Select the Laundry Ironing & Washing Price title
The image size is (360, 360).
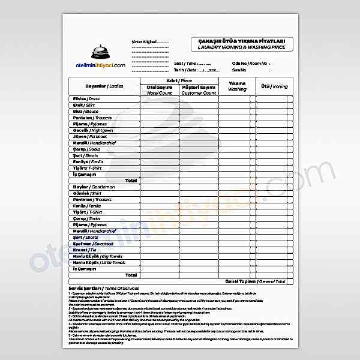(245, 46)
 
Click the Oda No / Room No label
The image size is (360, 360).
(250, 62)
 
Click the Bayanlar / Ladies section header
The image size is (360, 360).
(103, 86)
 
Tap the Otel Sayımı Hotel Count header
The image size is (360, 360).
(159, 90)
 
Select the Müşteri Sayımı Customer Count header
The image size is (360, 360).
(199, 90)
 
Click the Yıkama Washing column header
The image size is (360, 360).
(237, 86)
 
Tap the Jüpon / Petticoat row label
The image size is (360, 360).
(90, 136)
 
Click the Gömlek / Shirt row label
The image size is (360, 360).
(88, 193)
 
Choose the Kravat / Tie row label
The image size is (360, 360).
(86, 250)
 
